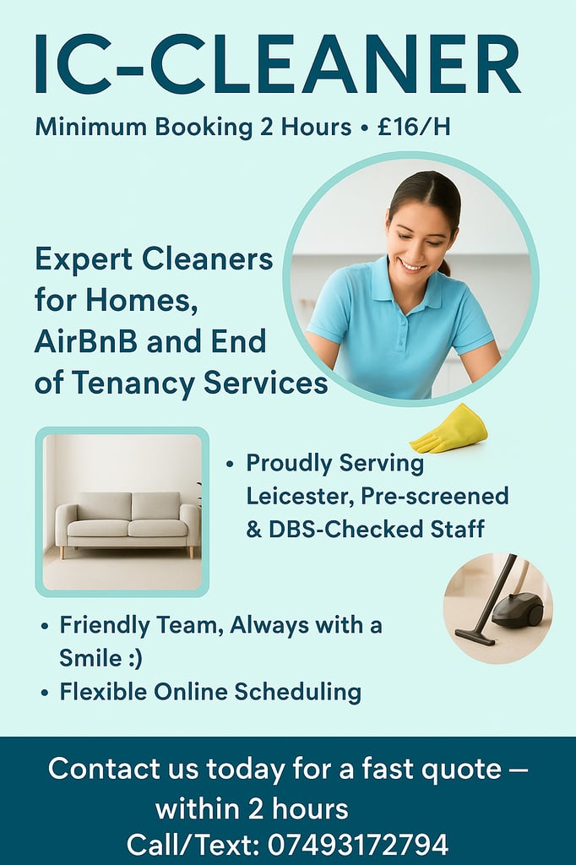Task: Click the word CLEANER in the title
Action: pos(335,64)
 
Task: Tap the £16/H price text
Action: pos(414,127)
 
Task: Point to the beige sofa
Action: pos(128,524)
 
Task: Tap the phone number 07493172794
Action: pos(358,845)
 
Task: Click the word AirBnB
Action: pos(86,341)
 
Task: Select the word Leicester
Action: pos(300,496)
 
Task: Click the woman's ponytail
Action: pos(444,268)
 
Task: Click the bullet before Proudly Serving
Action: pos(230,464)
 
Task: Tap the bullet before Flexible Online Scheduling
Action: pos(45,693)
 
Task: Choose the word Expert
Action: pos(84,260)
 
